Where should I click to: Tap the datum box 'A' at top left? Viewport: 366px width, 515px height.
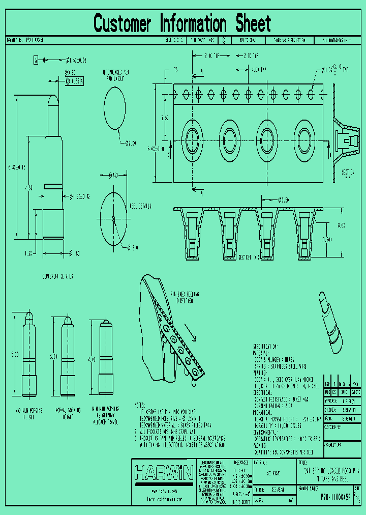coord(36,60)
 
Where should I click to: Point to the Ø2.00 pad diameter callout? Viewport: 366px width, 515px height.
coord(131,144)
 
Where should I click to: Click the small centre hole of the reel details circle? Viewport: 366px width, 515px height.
coord(113,219)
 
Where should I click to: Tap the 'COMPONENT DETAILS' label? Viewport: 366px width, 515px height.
coord(57,276)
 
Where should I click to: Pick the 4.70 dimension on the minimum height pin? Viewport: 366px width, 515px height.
coord(92,359)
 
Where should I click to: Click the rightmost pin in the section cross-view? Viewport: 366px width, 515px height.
coord(304,234)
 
